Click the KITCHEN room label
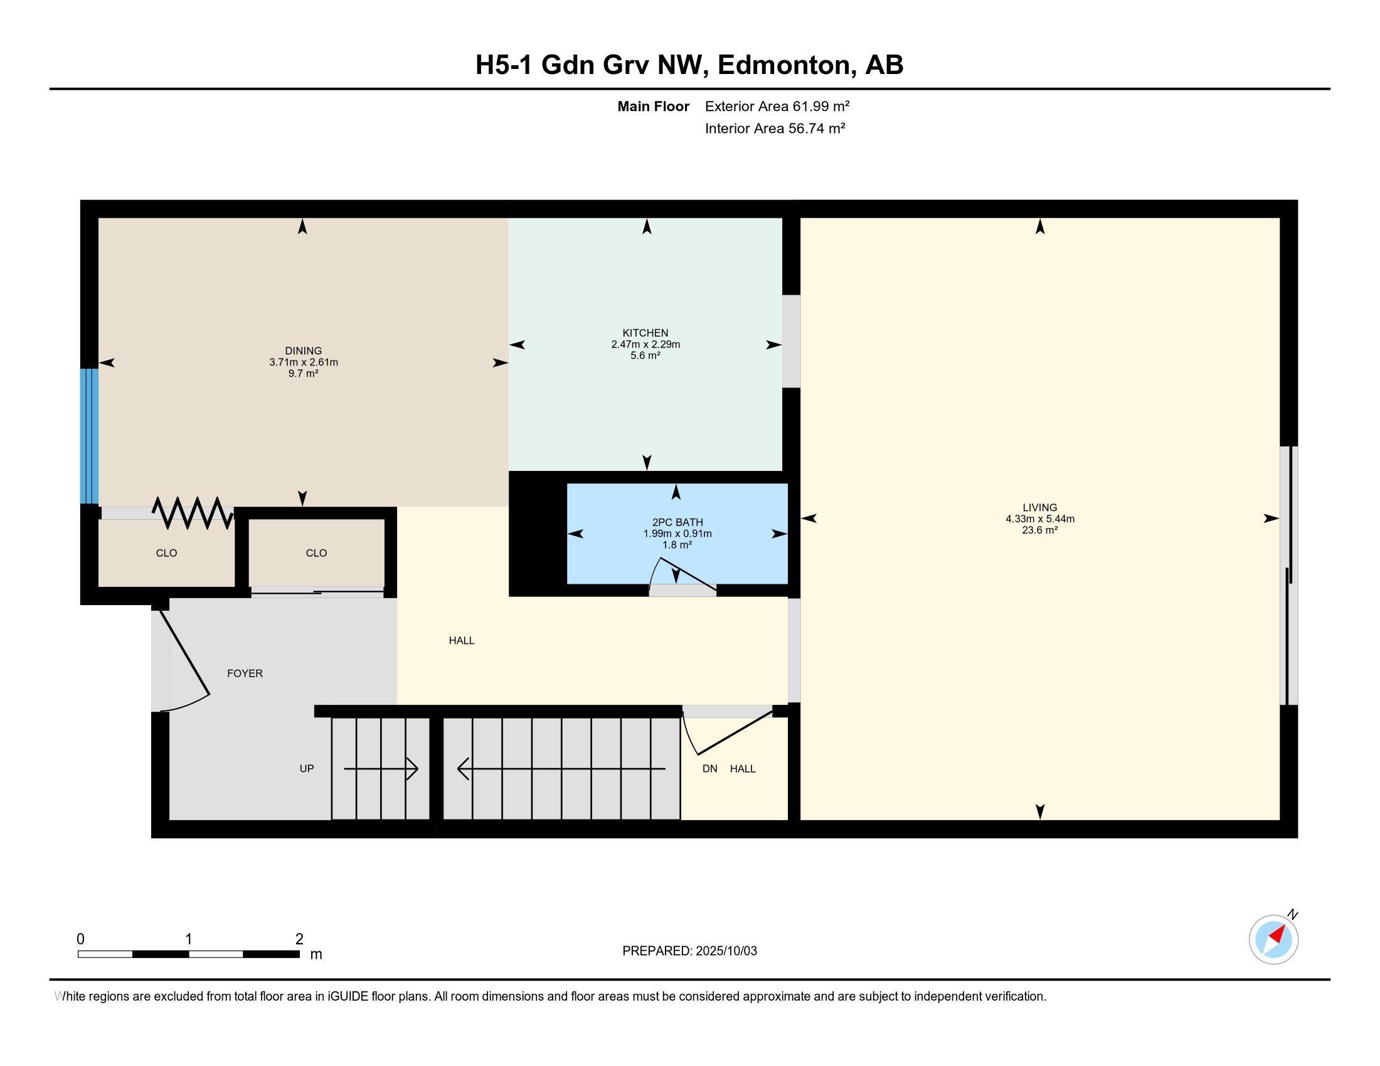tap(645, 333)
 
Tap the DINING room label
tap(304, 351)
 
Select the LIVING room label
tap(1039, 507)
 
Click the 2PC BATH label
tap(677, 522)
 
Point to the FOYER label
tap(245, 673)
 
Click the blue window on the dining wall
tap(89, 436)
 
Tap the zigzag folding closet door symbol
tap(192, 513)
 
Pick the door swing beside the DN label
tap(726, 732)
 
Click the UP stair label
tap(307, 769)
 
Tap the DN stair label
tap(709, 769)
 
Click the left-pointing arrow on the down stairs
tap(464, 769)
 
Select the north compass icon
tap(1273, 939)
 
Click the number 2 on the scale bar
tap(299, 939)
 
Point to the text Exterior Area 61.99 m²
tap(777, 106)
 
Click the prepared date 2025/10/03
tap(725, 951)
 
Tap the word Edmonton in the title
tap(784, 65)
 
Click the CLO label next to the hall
tap(316, 553)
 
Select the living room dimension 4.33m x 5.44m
tap(1039, 519)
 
